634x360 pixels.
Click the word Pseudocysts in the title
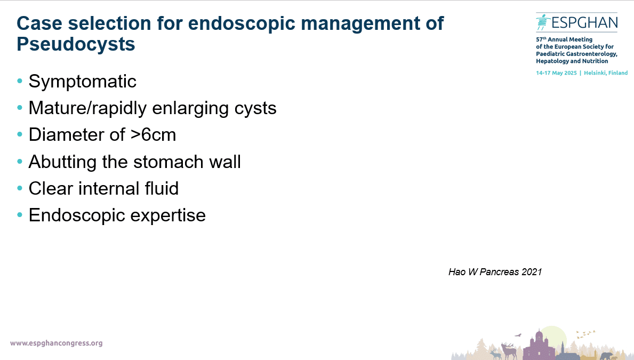tap(76, 44)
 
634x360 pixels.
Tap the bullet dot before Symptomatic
tap(19, 81)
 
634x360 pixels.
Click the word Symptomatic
tap(83, 82)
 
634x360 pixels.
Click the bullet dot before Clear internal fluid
tap(19, 188)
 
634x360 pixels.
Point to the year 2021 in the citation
tap(532, 272)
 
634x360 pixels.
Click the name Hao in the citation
tap(457, 272)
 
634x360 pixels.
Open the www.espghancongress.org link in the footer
tap(56, 343)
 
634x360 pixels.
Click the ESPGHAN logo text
tap(584, 22)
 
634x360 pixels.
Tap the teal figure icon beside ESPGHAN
tap(542, 22)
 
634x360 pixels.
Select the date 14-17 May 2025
tap(556, 73)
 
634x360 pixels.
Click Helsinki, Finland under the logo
tap(606, 73)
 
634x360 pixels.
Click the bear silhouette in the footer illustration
tap(606, 356)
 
